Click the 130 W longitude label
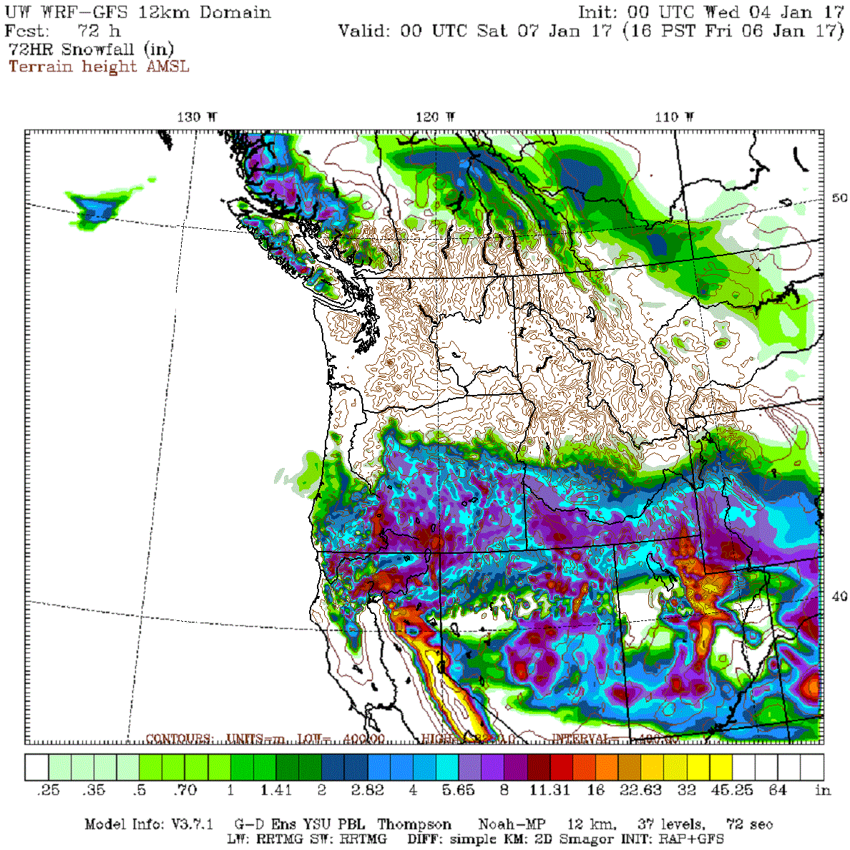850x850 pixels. pyautogui.click(x=197, y=117)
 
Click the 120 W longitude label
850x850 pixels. pyautogui.click(x=435, y=117)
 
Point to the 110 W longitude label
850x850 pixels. pyautogui.click(x=674, y=117)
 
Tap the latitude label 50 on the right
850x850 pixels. pyautogui.click(x=839, y=198)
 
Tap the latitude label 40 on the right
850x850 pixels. pyautogui.click(x=839, y=596)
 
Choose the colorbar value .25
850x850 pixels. pyautogui.click(x=48, y=790)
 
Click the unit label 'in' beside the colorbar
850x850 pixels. pyautogui.click(x=823, y=790)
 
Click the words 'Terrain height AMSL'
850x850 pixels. pyautogui.click(x=99, y=67)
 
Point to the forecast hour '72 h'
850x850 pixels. pyautogui.click(x=99, y=31)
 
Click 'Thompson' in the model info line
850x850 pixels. pyautogui.click(x=414, y=824)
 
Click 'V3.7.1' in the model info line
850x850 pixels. pyautogui.click(x=192, y=824)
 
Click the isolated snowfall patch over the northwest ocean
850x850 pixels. pyautogui.click(x=97, y=207)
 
